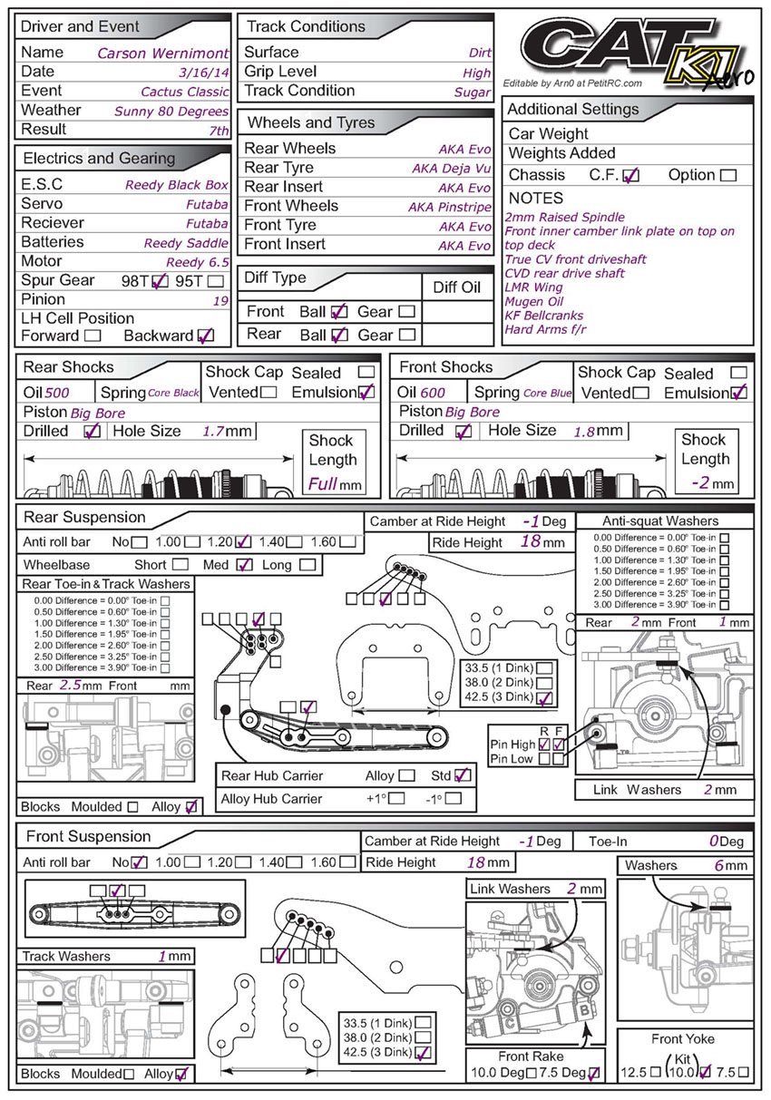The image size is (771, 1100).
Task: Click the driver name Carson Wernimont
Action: tap(162, 53)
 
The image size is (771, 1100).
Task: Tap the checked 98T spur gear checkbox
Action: tap(161, 281)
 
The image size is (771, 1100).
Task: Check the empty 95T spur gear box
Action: tap(216, 281)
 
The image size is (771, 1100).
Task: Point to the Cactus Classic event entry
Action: tap(185, 92)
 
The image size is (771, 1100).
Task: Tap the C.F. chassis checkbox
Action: tap(631, 176)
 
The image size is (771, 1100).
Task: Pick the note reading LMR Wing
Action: tap(535, 287)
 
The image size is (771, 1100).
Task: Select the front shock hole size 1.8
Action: tap(584, 433)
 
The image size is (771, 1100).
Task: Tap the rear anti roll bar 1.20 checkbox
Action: tap(243, 543)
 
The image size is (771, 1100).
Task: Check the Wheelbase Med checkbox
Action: tap(243, 565)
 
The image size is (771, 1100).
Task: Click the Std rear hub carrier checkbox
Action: tap(463, 775)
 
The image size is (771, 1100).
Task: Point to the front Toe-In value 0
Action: tap(714, 842)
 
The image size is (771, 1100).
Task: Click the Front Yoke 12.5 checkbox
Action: tap(657, 1072)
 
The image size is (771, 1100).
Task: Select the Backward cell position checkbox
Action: tap(206, 336)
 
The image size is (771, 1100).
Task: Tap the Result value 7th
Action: tap(215, 131)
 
